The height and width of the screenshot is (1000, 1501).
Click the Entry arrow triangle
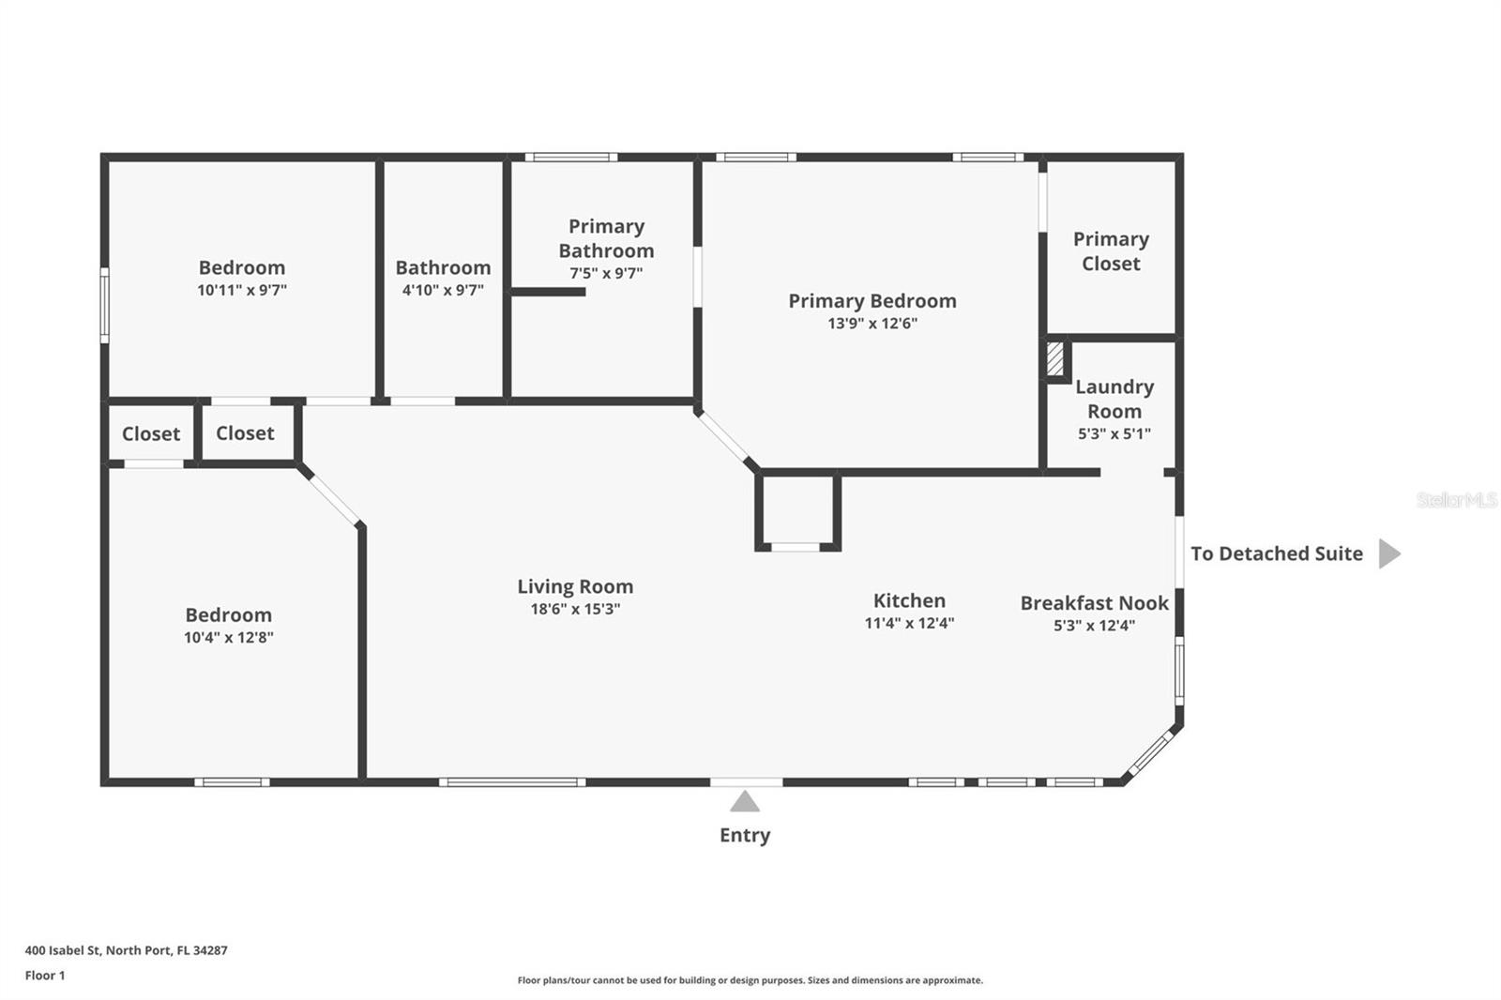pos(744,802)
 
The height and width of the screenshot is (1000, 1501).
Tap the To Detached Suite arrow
pos(1388,553)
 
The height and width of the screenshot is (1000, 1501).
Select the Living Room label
pos(575,586)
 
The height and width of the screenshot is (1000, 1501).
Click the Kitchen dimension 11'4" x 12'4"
pos(909,623)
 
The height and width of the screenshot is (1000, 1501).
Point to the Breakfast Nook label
pos(1094,603)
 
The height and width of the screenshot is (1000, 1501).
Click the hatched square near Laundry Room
pos(1054,359)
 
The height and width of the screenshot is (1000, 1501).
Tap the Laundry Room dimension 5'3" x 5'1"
pos(1114,433)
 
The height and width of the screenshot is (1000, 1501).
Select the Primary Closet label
pos(1111,251)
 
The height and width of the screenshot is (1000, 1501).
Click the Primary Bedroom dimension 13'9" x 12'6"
pos(872,324)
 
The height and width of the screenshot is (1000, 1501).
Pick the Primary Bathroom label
pos(606,238)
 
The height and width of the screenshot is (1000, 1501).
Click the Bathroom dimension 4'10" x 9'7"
pos(443,291)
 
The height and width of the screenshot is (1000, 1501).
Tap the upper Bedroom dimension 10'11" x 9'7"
pos(242,291)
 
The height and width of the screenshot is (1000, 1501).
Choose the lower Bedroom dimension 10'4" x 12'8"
pos(228,638)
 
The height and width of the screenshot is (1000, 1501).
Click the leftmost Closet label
pos(150,433)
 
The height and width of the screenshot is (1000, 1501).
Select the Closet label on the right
pos(245,432)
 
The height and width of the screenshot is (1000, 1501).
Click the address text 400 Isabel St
pos(126,949)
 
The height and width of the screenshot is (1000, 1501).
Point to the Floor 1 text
pos(45,976)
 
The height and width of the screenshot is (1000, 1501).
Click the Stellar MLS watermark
pos(1456,500)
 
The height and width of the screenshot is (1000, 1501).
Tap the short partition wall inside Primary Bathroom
pos(548,292)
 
